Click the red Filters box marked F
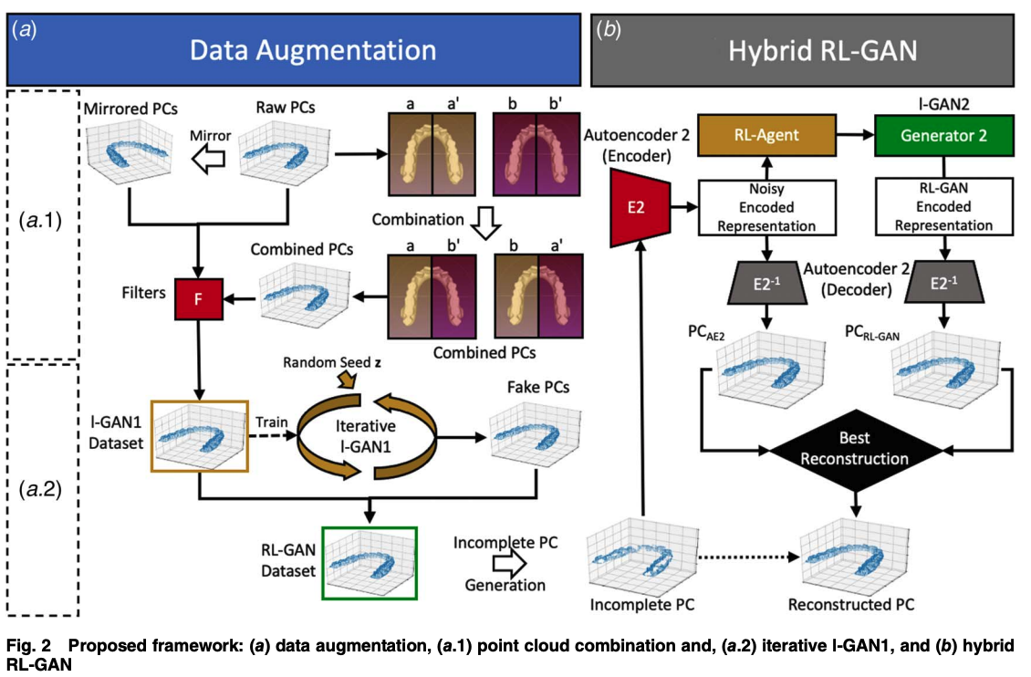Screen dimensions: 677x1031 pos(198,299)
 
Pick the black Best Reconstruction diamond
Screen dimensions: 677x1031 pos(856,450)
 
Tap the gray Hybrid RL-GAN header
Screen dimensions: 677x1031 pos(808,51)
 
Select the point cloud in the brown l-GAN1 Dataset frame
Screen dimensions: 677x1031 pos(199,437)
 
